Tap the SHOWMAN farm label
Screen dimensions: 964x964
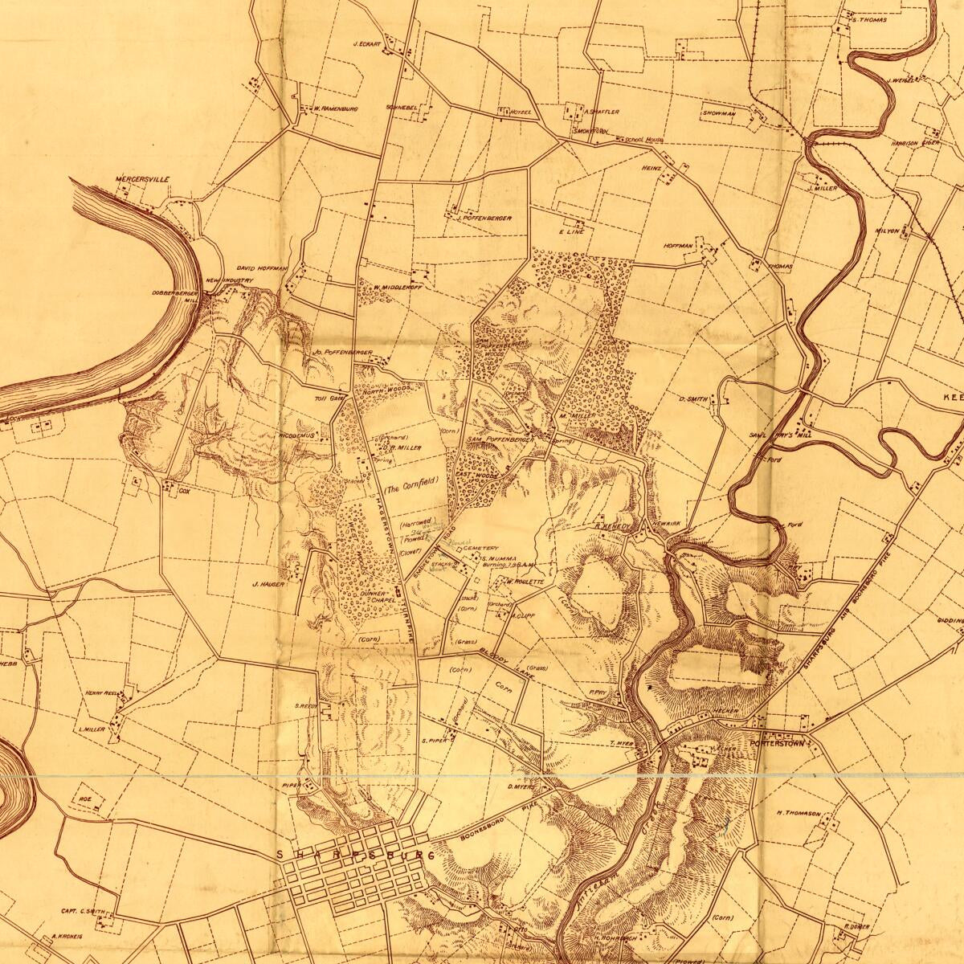[719, 114]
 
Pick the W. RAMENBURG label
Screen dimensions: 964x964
[335, 108]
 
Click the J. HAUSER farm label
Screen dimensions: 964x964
[268, 584]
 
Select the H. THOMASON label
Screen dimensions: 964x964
[799, 814]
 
